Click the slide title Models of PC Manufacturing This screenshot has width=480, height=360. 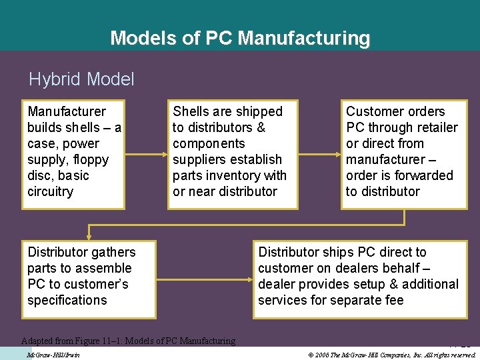(240, 38)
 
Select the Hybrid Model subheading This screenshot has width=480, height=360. (81, 80)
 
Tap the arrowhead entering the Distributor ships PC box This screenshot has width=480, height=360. (247, 276)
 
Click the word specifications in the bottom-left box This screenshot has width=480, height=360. (67, 301)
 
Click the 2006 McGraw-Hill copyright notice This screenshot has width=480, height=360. (393, 355)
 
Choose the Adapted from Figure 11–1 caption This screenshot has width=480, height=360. (128, 341)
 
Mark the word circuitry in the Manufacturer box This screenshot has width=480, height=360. (50, 192)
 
